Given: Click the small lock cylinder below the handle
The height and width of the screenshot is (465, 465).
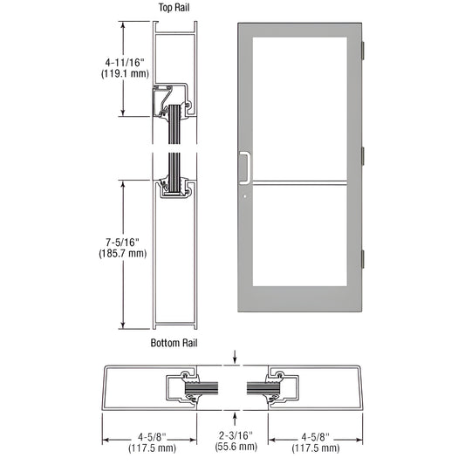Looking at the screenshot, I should pyautogui.click(x=245, y=196).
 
